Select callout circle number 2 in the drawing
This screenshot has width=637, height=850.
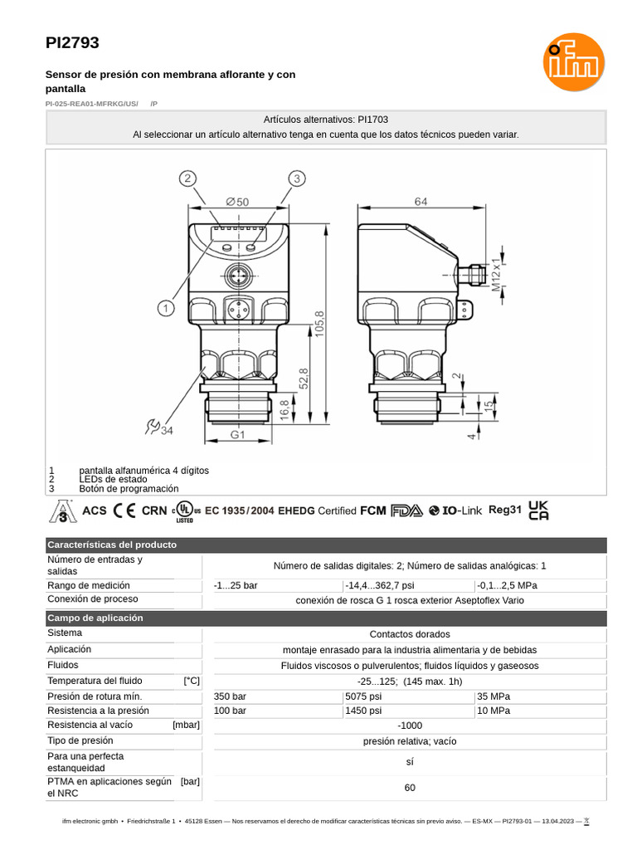point(188,178)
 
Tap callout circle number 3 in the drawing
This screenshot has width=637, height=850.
point(297,178)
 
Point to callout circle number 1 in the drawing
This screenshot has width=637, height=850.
point(166,308)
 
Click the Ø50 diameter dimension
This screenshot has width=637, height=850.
point(237,201)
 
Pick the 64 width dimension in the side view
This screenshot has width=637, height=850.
point(421,201)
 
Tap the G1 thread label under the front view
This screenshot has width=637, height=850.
point(238,434)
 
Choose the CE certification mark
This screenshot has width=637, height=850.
point(124,510)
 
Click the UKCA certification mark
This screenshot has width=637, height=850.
point(539,510)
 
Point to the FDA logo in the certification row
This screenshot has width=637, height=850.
point(406,510)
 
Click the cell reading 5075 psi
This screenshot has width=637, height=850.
point(362,696)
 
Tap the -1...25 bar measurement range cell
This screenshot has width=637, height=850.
point(236,585)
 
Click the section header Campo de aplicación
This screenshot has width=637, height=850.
point(95,618)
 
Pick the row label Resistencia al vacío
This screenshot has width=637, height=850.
point(90,725)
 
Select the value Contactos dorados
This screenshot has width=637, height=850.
point(410,634)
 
